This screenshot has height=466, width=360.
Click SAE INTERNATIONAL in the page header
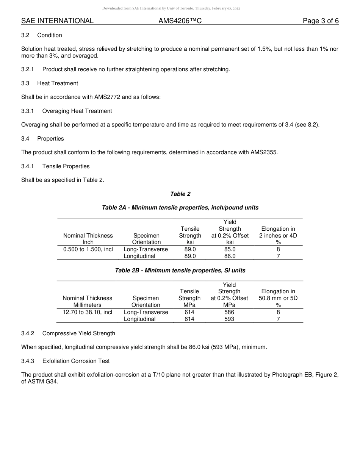57,21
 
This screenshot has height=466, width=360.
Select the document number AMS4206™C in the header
180,21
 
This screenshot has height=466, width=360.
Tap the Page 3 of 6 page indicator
320,21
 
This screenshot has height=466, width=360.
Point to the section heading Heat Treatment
58,83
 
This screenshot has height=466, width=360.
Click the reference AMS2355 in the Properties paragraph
264,152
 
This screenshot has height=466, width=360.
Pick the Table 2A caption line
180,208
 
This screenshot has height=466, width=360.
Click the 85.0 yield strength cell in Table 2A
230,249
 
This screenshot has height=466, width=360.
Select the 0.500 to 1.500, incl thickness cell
88,249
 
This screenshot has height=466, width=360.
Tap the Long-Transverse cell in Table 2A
146,249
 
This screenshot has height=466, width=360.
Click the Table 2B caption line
180,271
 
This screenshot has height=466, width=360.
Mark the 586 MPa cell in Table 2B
229,312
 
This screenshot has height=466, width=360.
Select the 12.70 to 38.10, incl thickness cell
88,312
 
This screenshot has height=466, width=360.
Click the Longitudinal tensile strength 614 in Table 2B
189,319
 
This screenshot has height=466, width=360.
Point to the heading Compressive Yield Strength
78,333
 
